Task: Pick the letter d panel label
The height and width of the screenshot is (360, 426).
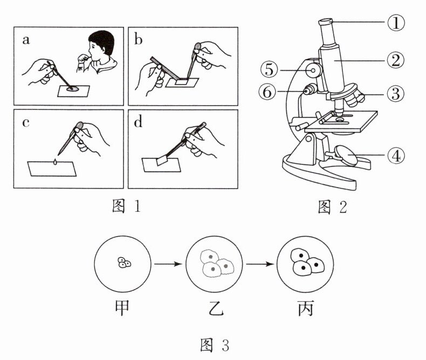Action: point(140,121)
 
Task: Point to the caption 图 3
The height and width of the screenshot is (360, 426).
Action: point(214,345)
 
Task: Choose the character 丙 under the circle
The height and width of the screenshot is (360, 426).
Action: point(305,308)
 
